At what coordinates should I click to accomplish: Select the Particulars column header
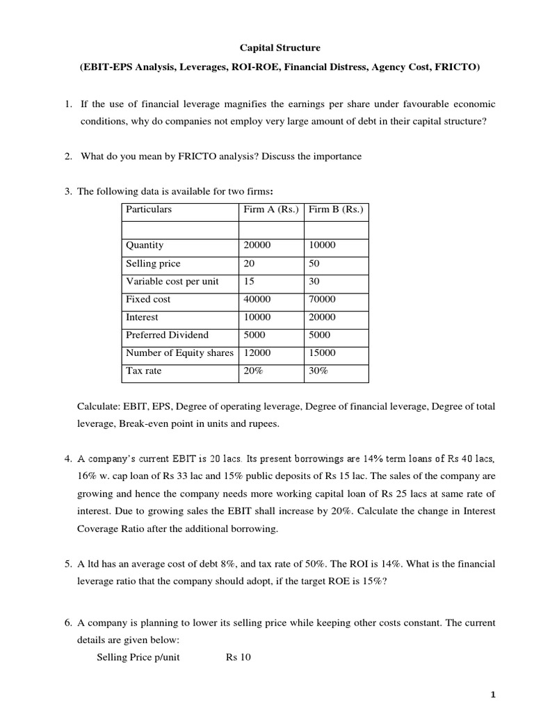(149, 209)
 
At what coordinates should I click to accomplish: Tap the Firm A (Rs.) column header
(270, 209)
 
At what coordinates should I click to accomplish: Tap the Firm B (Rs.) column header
(336, 209)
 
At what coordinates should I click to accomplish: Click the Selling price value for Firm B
(315, 264)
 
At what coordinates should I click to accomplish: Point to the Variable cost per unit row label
(172, 282)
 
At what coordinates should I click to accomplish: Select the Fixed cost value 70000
(322, 300)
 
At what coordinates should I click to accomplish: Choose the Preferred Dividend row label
(167, 335)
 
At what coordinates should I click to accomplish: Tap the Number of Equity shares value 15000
(322, 353)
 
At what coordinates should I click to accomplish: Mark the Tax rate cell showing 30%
(318, 371)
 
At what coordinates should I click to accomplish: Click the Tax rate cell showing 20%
(254, 371)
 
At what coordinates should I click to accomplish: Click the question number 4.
(67, 459)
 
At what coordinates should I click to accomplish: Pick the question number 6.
(67, 622)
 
